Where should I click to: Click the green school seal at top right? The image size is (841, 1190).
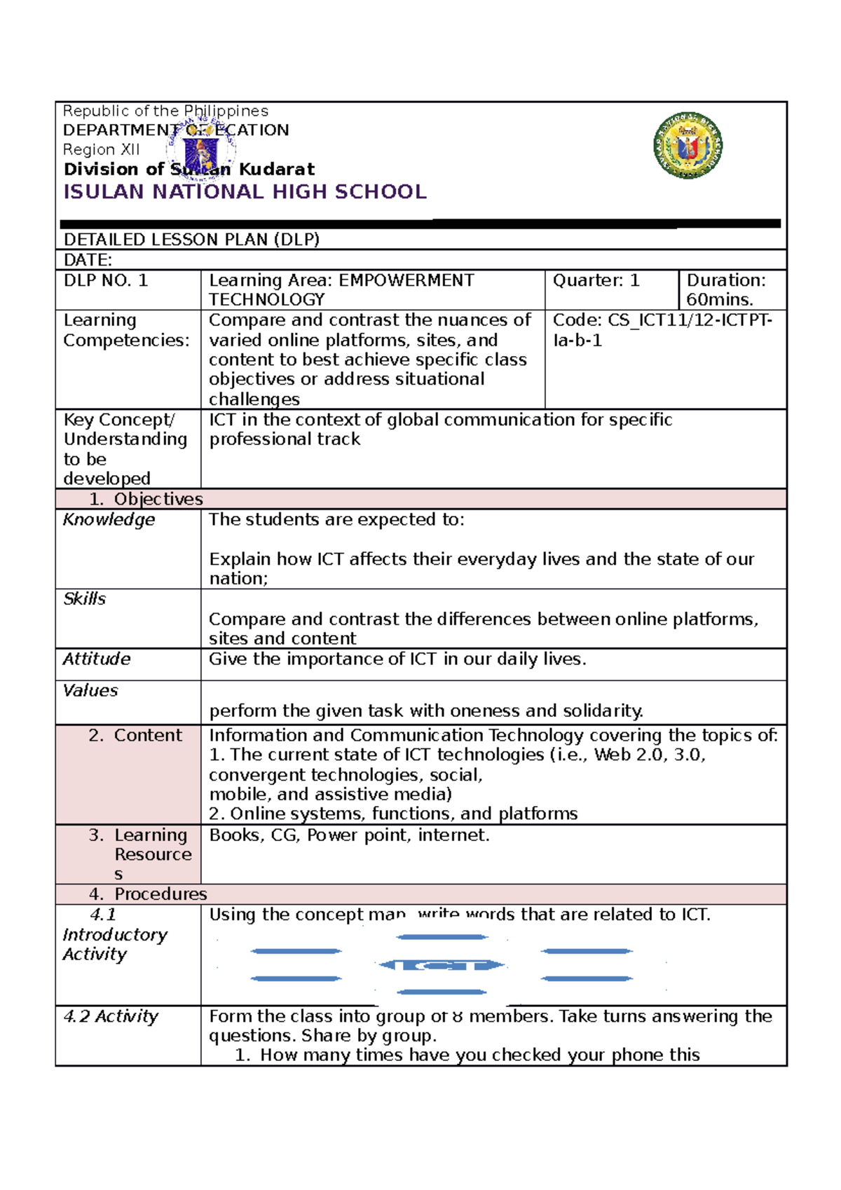pos(688,146)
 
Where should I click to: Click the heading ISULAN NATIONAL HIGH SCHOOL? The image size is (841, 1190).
pos(245,192)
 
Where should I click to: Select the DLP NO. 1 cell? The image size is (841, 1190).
pos(106,281)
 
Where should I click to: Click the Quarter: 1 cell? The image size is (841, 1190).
pos(596,281)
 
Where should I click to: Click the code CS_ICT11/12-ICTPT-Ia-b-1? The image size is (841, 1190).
pos(662,330)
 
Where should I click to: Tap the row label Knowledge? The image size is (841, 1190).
pos(109,520)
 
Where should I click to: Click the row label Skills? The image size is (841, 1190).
pos(85,599)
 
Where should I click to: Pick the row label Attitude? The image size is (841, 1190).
pos(97,659)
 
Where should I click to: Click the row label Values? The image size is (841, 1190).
pos(90,691)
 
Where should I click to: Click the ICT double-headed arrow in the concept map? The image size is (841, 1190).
pos(442,965)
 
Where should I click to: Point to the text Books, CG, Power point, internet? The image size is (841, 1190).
pos(349,835)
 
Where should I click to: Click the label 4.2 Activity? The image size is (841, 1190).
pos(111,1017)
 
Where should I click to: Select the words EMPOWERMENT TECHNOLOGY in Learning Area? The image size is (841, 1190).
pos(341,289)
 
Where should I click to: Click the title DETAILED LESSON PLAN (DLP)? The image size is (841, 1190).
pos(191,240)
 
